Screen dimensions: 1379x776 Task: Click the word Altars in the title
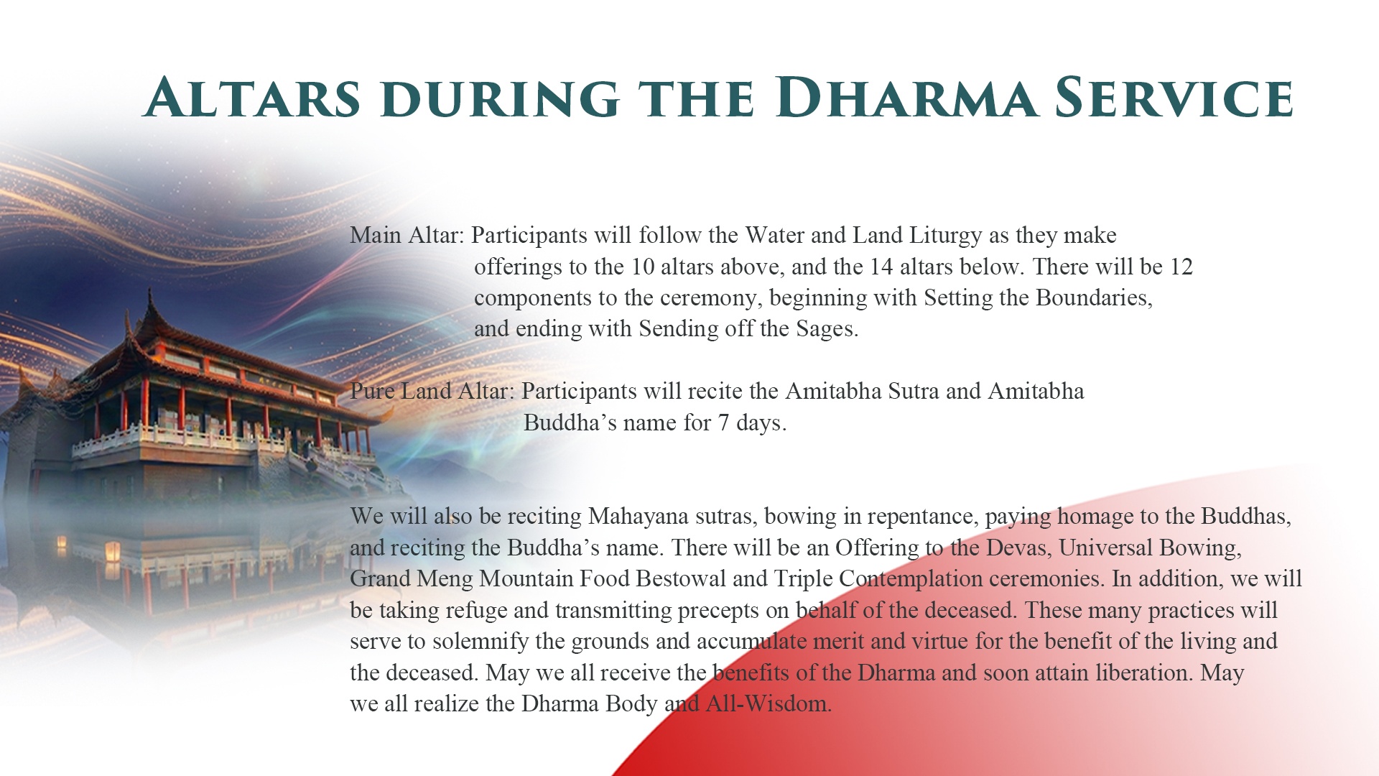[x=252, y=98]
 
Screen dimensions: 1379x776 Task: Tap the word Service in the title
[x=1174, y=98]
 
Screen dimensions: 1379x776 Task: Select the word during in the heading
[x=506, y=98]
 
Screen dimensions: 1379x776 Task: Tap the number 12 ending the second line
[x=1181, y=267]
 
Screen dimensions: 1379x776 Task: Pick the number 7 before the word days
[x=724, y=422]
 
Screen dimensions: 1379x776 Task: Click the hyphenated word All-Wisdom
[x=769, y=703]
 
